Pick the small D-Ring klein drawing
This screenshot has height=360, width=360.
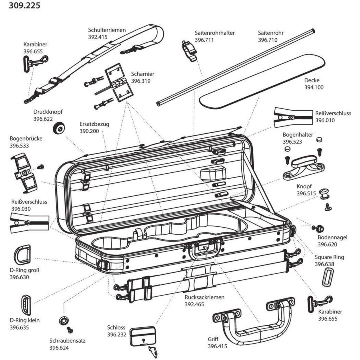click(25, 304)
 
